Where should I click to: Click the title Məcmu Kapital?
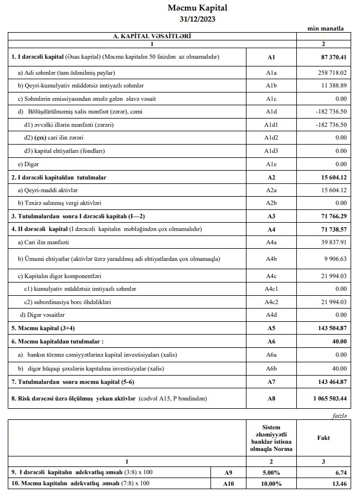(198, 8)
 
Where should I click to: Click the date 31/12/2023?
(198, 19)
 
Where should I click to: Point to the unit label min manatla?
(325, 28)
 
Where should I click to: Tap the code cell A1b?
(271, 85)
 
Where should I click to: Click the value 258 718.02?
(331, 73)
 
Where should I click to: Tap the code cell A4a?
(271, 242)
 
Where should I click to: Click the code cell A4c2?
(271, 301)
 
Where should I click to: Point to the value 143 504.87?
(331, 328)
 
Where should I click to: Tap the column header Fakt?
(323, 438)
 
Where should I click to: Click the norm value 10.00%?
(271, 484)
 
